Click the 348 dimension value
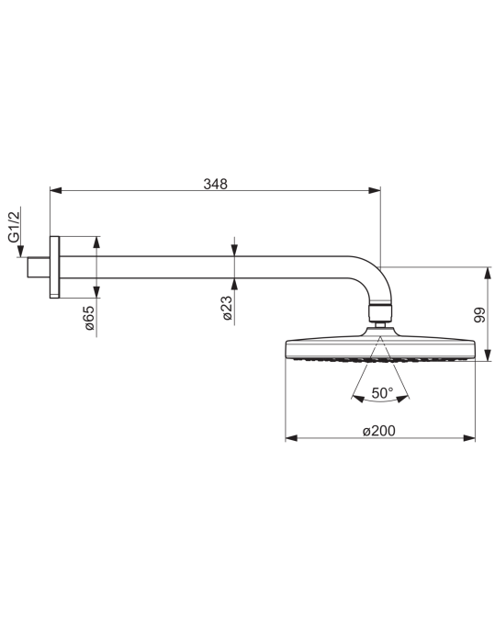point(215,184)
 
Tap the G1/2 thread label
point(14,227)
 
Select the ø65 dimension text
point(89,318)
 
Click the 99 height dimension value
point(479,314)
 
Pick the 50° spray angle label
point(382,393)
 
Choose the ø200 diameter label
point(379,431)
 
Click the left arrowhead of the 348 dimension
point(56,190)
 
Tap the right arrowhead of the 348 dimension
point(375,190)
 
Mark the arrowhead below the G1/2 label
point(20,251)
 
